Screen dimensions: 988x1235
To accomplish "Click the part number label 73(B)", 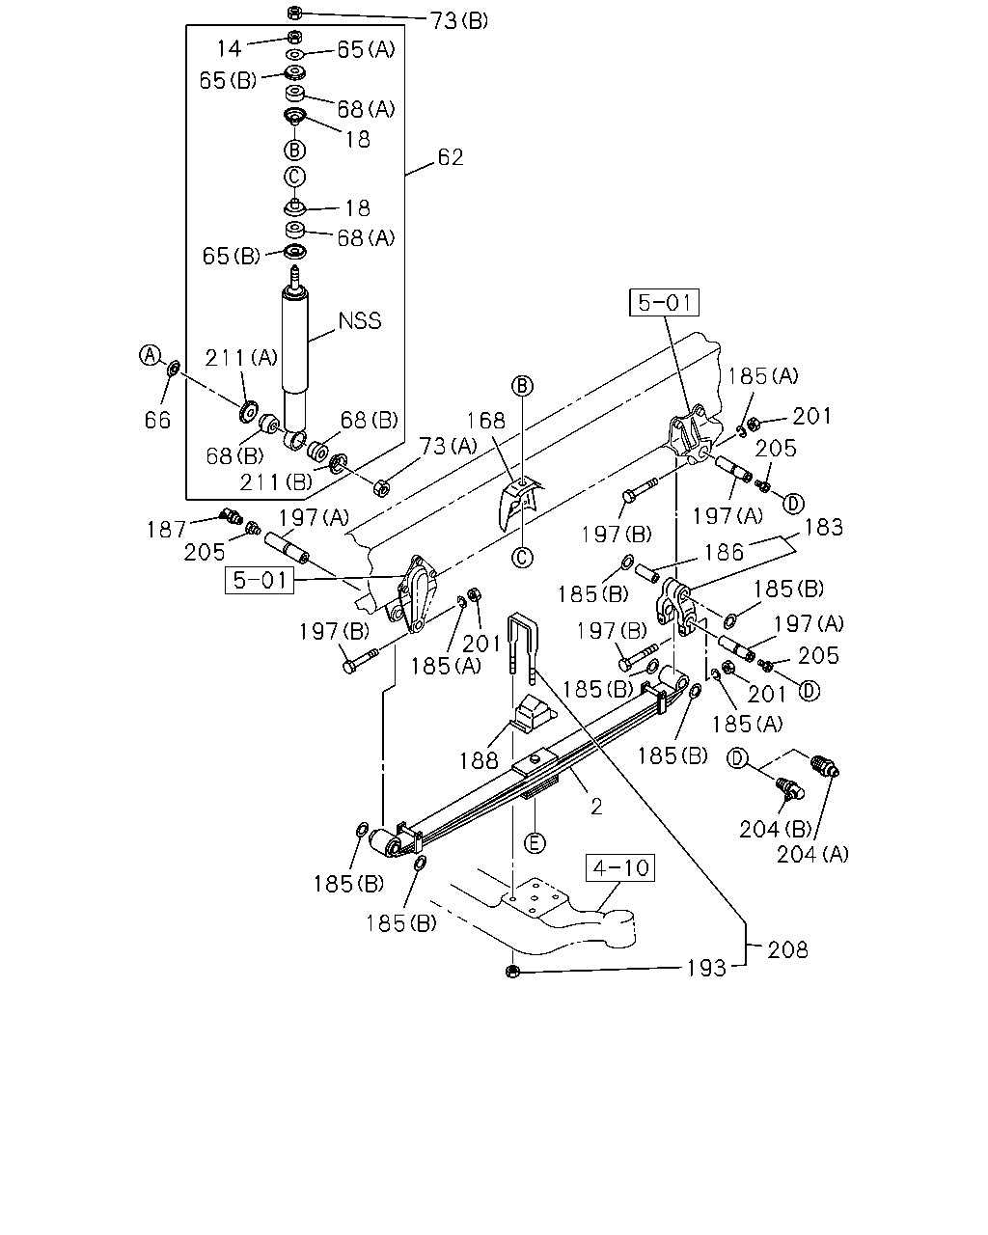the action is (458, 21).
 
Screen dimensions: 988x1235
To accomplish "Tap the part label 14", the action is (229, 49).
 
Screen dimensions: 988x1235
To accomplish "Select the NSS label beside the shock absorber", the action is (359, 320).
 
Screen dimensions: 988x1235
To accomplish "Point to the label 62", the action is (450, 157).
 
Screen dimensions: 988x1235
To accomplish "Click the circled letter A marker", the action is (150, 356).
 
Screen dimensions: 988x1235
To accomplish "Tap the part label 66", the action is (157, 420).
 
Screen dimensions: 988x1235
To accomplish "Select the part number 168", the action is (485, 421).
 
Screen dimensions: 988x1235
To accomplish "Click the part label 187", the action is (166, 529).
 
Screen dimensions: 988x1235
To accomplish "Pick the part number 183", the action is (824, 528).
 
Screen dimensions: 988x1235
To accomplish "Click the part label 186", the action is (724, 552).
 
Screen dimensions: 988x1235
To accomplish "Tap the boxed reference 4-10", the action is (620, 867).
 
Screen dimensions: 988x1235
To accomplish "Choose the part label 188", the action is (479, 761).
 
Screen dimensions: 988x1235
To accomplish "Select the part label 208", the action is (787, 950).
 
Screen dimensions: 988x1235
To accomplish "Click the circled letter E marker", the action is (535, 843).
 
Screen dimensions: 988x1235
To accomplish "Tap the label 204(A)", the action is (812, 855).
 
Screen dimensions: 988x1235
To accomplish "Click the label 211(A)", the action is (241, 358).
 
